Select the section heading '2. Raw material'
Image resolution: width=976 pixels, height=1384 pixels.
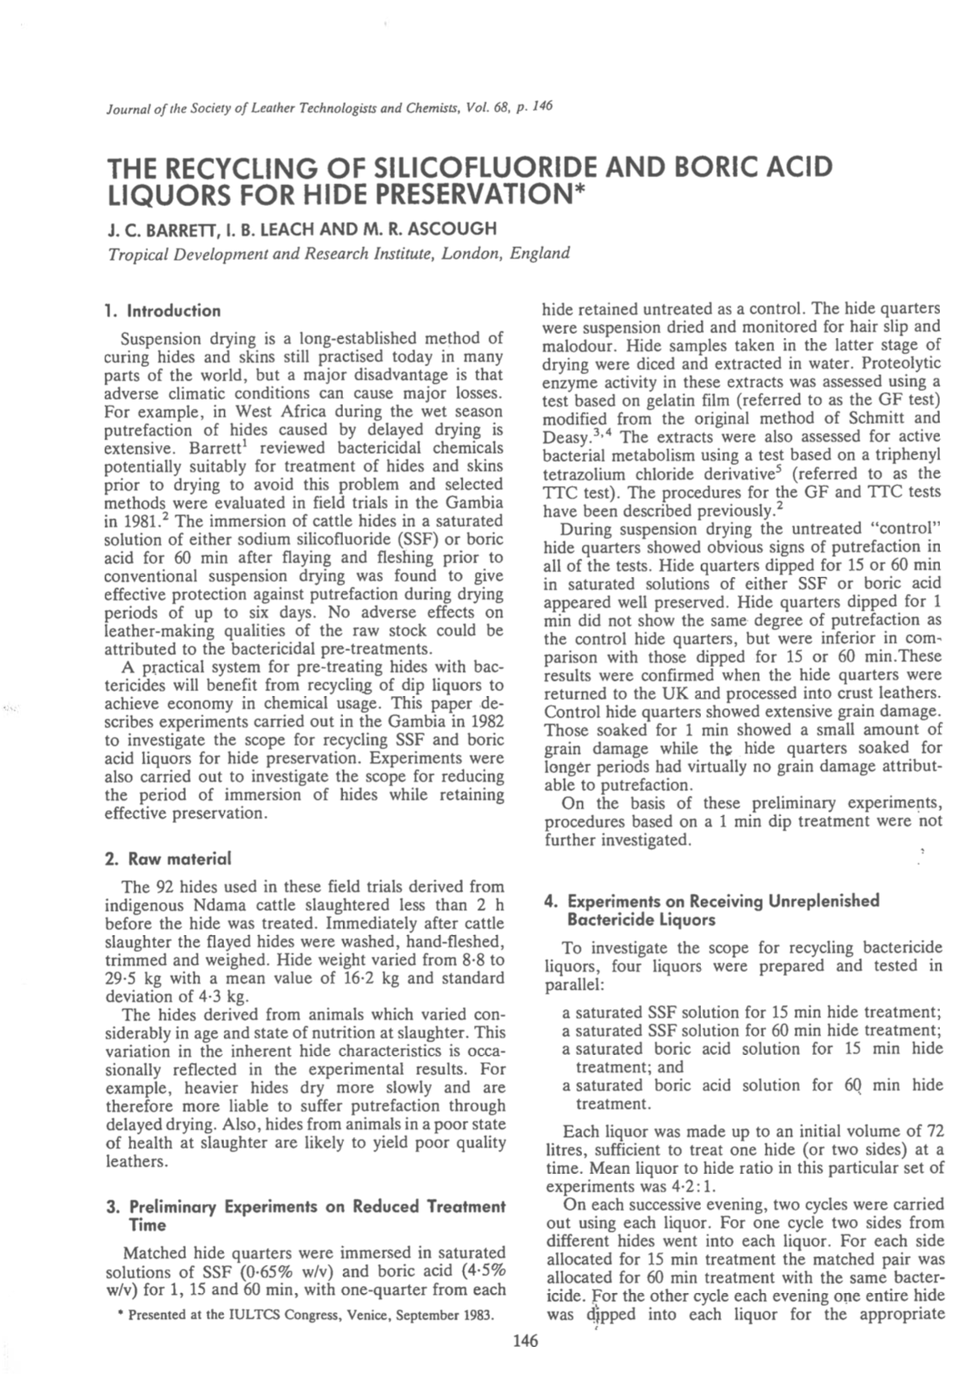(167, 859)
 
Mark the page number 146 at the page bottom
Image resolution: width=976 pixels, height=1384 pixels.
(525, 1341)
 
